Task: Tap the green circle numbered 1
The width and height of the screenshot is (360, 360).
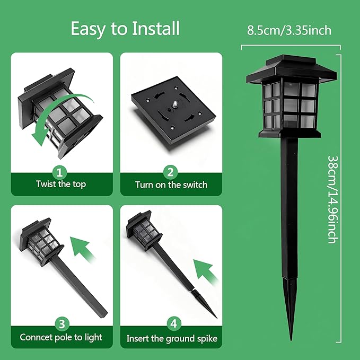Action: point(60,171)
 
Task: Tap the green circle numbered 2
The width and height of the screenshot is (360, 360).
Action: point(171,171)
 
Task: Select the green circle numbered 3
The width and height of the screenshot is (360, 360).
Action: point(60,323)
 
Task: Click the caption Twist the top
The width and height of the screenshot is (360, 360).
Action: point(60,185)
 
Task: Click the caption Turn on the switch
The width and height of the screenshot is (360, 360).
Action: point(171,185)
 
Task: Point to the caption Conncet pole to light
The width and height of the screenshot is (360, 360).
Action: point(60,337)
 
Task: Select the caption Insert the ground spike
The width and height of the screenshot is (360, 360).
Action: point(171,338)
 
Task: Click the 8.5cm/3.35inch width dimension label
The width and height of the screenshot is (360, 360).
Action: point(289,30)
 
